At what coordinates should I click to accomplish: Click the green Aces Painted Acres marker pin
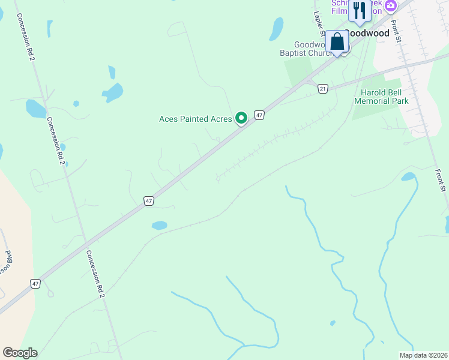[241, 118]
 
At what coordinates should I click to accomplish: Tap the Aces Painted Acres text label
[195, 119]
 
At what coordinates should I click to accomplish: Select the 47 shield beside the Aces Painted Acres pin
[259, 115]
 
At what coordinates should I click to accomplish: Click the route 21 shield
[324, 88]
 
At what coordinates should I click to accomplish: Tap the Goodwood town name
[367, 34]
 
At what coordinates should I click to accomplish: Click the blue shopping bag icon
[337, 41]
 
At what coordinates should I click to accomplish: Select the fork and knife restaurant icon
[360, 10]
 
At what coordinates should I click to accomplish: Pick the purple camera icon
[391, 6]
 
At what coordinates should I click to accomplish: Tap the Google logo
[20, 353]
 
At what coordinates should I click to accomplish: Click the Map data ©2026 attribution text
[423, 355]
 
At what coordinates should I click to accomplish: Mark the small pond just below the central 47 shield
[159, 226]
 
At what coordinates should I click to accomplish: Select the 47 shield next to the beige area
[36, 283]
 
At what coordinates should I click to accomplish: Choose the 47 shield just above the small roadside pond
[149, 202]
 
